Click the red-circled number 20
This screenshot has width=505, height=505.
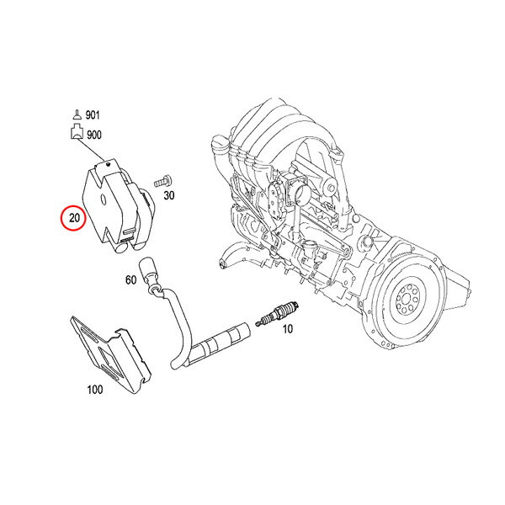(x=74, y=218)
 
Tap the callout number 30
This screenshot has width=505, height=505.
(x=169, y=195)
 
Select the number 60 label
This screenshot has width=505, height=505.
(x=130, y=280)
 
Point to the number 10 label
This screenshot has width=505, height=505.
(x=287, y=329)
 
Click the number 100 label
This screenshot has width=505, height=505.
(x=95, y=390)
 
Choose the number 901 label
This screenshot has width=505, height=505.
(x=93, y=115)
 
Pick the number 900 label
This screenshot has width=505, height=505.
(x=94, y=135)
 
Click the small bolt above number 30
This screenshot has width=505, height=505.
(x=162, y=181)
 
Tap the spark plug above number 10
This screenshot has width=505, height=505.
(x=278, y=313)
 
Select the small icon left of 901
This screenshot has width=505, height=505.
(x=77, y=114)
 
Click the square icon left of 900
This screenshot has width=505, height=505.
(x=77, y=132)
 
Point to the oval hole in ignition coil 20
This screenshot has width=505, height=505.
(x=103, y=199)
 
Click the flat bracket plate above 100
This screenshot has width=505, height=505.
(x=110, y=354)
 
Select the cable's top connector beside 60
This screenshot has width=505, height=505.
(x=148, y=268)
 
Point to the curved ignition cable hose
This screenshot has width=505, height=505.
(x=177, y=325)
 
